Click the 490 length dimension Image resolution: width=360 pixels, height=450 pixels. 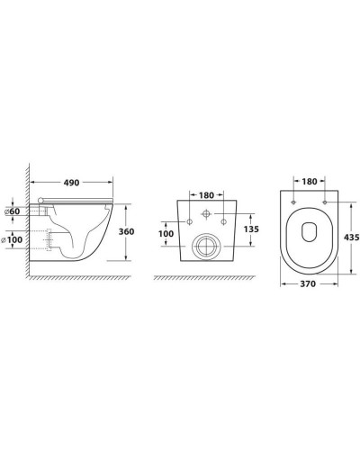tap(71, 183)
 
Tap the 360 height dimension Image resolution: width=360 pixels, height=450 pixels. tap(126, 231)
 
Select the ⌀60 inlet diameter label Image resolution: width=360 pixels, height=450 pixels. tap(13, 211)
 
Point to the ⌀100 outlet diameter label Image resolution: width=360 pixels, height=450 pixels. tap(12, 239)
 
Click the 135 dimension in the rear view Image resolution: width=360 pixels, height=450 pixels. tap(251, 229)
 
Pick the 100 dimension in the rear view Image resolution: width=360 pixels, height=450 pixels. tap(166, 233)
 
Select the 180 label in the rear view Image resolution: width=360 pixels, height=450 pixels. tap(206, 195)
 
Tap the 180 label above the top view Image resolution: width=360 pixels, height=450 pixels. tap(310, 182)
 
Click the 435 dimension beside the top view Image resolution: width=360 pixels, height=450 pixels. tap(351, 238)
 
